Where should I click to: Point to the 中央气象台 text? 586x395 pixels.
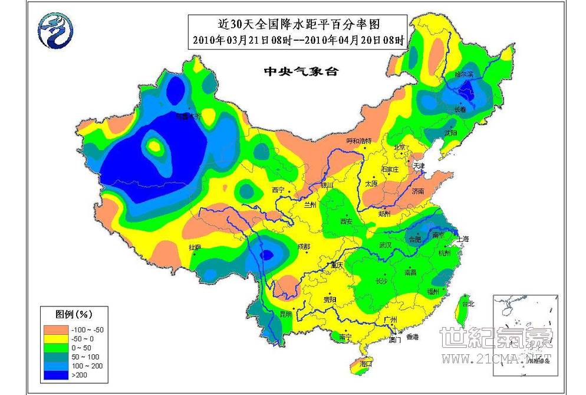[x=301, y=71]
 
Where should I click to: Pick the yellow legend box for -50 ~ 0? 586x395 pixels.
[x=57, y=339]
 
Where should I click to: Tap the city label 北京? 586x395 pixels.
[x=400, y=146]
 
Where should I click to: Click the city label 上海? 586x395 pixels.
[x=462, y=239]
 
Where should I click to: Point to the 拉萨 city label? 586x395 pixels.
[x=195, y=247]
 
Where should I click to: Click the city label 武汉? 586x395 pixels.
[x=386, y=244]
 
